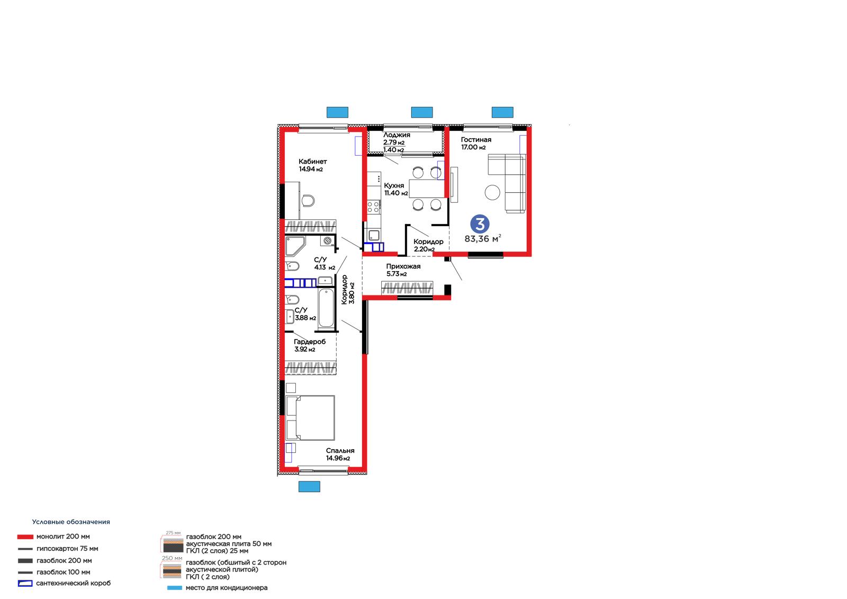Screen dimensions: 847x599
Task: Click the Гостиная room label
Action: (476, 140)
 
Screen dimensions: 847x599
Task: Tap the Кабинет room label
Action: (312, 162)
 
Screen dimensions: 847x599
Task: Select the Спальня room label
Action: (340, 451)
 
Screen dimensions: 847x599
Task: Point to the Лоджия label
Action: (397, 135)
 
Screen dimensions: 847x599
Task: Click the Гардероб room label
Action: (310, 342)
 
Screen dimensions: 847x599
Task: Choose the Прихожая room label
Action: (403, 266)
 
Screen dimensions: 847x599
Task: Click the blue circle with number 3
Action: (480, 224)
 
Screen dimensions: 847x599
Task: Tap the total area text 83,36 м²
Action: (482, 239)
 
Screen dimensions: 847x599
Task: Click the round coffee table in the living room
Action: (492, 192)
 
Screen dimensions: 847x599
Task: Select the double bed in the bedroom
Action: (310, 418)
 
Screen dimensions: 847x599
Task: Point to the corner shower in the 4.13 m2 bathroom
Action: (295, 246)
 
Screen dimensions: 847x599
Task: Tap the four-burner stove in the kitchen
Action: (374, 207)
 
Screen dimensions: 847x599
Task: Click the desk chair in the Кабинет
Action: (308, 201)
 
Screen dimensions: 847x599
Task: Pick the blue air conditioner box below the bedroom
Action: (309, 487)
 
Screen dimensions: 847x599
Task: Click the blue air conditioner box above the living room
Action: (502, 112)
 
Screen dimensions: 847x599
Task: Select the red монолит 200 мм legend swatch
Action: (25, 537)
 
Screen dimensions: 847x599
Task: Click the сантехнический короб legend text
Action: (74, 583)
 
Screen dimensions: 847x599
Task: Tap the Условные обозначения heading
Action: (71, 522)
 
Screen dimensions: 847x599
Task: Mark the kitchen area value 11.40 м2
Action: (396, 193)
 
